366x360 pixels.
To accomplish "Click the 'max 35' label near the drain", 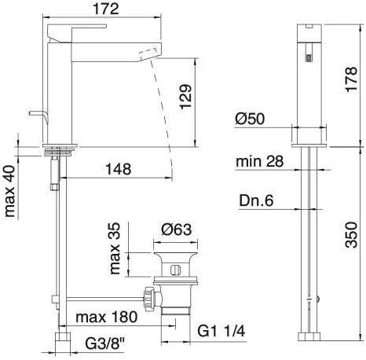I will (115, 251).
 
